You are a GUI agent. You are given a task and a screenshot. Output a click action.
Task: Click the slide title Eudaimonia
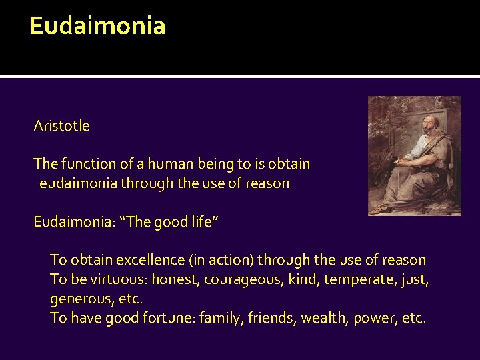click(x=97, y=26)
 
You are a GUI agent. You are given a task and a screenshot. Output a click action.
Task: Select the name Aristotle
click(x=62, y=126)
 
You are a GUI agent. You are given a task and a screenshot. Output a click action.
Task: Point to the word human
click(x=149, y=163)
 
